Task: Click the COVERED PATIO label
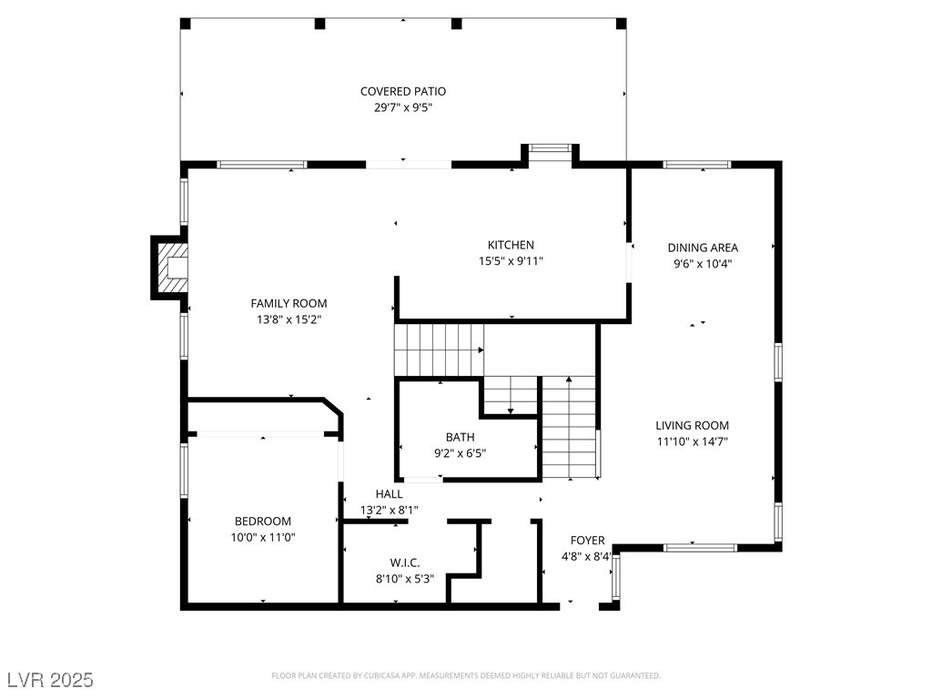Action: click(403, 92)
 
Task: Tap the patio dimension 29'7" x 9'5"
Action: click(403, 107)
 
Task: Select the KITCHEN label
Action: click(511, 245)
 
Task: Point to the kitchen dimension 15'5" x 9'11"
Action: click(511, 261)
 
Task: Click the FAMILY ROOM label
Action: click(289, 303)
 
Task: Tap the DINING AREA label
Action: click(703, 248)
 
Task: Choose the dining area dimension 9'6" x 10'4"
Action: click(703, 264)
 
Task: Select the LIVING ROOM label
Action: click(692, 426)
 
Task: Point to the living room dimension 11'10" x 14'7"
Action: click(692, 441)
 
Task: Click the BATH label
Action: click(460, 438)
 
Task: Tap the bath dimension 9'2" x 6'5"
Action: click(460, 453)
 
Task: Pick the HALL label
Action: click(390, 494)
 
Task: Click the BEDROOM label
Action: click(263, 522)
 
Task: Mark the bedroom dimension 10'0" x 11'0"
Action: click(263, 537)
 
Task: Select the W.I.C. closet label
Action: click(405, 562)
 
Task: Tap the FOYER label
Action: click(587, 541)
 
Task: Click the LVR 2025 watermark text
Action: click(51, 680)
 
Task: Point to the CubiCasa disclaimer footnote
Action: click(466, 676)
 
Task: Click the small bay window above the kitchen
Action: click(550, 148)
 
